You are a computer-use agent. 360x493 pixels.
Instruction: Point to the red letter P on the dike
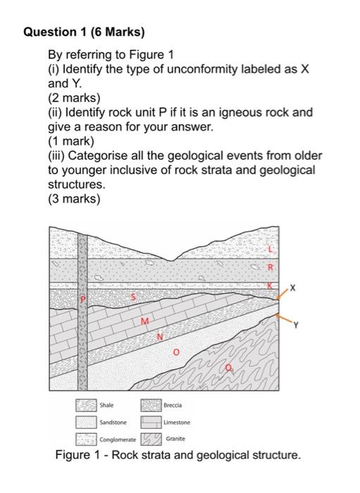[x=82, y=300]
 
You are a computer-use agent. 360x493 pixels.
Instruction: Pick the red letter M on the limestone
[x=144, y=323]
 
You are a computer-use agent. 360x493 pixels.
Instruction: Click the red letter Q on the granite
[x=230, y=367]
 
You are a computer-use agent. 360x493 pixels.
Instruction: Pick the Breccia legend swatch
[x=151, y=405]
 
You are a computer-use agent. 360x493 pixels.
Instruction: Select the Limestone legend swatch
[x=151, y=423]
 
